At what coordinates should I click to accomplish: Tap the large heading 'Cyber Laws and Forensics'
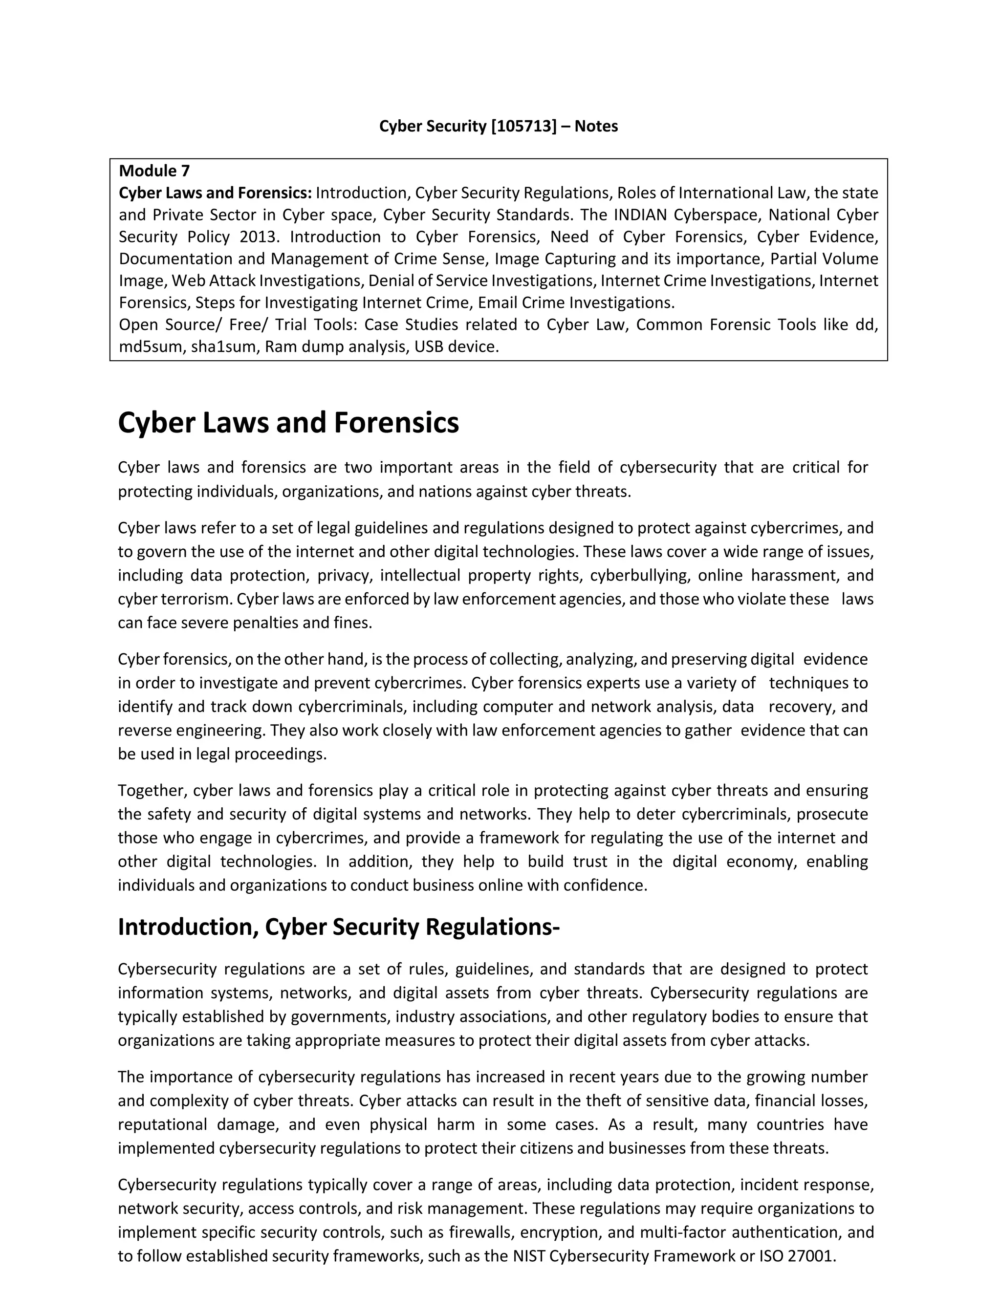(288, 423)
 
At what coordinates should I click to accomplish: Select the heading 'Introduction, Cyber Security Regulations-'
(339, 926)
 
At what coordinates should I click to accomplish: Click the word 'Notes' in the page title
(596, 126)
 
